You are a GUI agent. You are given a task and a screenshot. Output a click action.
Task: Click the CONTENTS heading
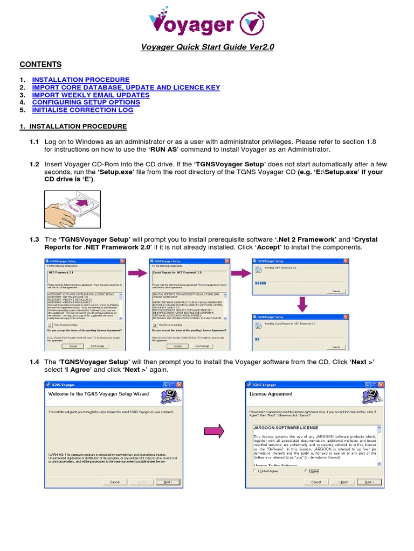pyautogui.click(x=40, y=65)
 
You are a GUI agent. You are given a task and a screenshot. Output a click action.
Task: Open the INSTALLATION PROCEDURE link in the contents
pyautogui.click(x=81, y=80)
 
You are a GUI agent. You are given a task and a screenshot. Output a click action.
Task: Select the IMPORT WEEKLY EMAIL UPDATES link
pyautogui.click(x=91, y=95)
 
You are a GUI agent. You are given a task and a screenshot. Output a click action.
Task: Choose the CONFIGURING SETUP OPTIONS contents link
pyautogui.click(x=86, y=102)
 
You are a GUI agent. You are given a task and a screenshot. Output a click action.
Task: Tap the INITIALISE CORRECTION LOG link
pyautogui.click(x=82, y=110)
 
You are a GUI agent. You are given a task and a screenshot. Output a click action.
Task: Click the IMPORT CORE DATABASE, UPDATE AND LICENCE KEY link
pyautogui.click(x=126, y=87)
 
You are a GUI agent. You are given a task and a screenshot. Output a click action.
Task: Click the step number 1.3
pyautogui.click(x=34, y=239)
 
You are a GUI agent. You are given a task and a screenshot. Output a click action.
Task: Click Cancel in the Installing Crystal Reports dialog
pyautogui.click(x=336, y=347)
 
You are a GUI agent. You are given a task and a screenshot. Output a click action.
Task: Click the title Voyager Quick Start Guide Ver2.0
pyautogui.click(x=208, y=47)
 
